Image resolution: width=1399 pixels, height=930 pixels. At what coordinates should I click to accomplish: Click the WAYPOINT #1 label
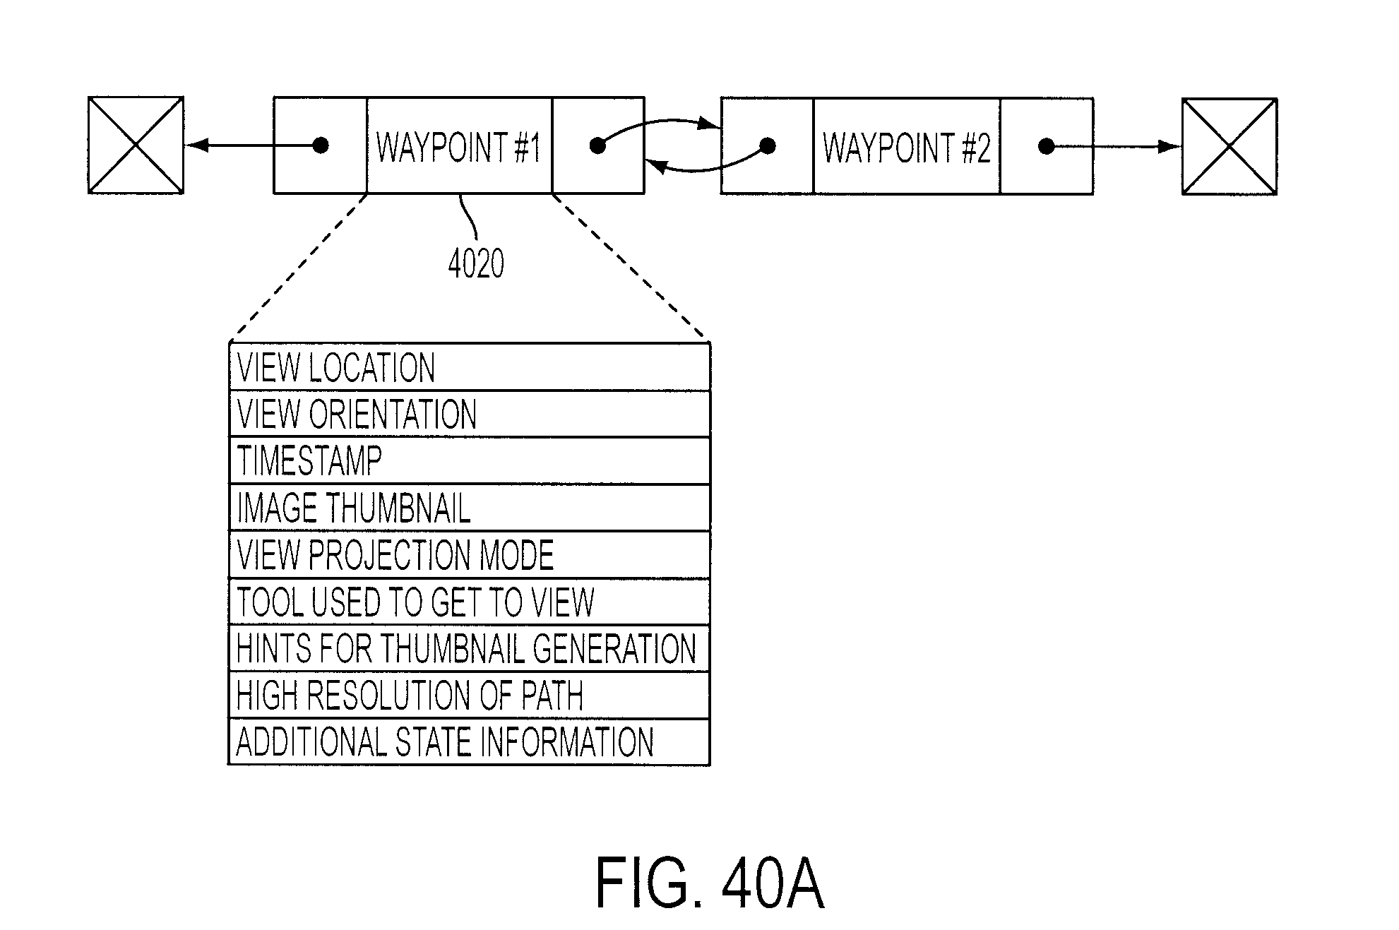[x=458, y=147]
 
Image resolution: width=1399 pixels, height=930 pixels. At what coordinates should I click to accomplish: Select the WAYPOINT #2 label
[x=907, y=148]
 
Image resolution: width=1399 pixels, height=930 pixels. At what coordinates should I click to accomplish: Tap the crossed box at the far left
[x=136, y=145]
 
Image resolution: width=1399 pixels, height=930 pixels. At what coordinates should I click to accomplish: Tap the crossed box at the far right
[x=1230, y=146]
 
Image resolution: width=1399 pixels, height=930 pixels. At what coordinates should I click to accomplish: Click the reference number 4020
[x=476, y=265]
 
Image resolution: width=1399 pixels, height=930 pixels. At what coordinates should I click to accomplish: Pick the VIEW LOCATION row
[x=470, y=367]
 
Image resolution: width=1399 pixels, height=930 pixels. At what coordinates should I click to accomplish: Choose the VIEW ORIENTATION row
[x=470, y=414]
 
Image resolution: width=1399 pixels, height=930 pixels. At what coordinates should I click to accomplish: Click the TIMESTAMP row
[x=470, y=460]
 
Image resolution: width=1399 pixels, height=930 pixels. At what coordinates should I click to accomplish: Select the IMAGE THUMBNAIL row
[x=470, y=508]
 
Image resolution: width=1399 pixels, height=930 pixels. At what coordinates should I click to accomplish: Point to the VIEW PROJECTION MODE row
[x=470, y=555]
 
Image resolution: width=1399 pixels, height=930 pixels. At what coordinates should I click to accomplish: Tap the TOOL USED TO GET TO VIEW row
[x=470, y=602]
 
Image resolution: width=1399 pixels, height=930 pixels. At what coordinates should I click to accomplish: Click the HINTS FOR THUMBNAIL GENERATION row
[x=470, y=649]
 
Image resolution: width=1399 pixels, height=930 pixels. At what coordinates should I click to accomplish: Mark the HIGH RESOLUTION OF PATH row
[x=470, y=696]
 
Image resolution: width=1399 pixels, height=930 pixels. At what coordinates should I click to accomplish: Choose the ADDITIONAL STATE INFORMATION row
[x=470, y=742]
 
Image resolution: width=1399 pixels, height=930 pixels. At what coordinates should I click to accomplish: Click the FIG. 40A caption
[x=710, y=883]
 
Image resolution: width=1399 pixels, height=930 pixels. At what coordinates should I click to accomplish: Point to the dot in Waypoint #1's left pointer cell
[x=321, y=145]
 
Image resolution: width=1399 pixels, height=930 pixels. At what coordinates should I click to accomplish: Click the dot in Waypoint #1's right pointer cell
[x=597, y=145]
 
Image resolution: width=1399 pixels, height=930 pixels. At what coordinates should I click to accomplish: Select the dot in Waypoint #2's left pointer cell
[x=768, y=146]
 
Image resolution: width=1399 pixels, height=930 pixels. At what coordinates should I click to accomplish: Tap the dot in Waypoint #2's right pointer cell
[x=1047, y=146]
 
